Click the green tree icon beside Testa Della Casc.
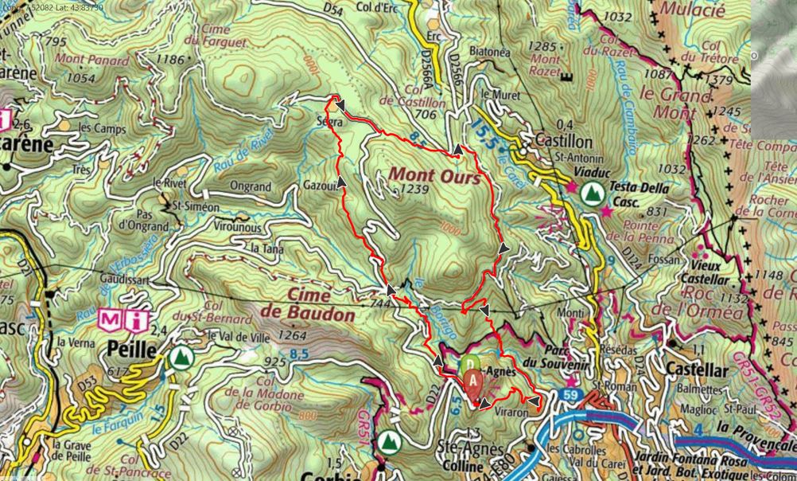591,192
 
